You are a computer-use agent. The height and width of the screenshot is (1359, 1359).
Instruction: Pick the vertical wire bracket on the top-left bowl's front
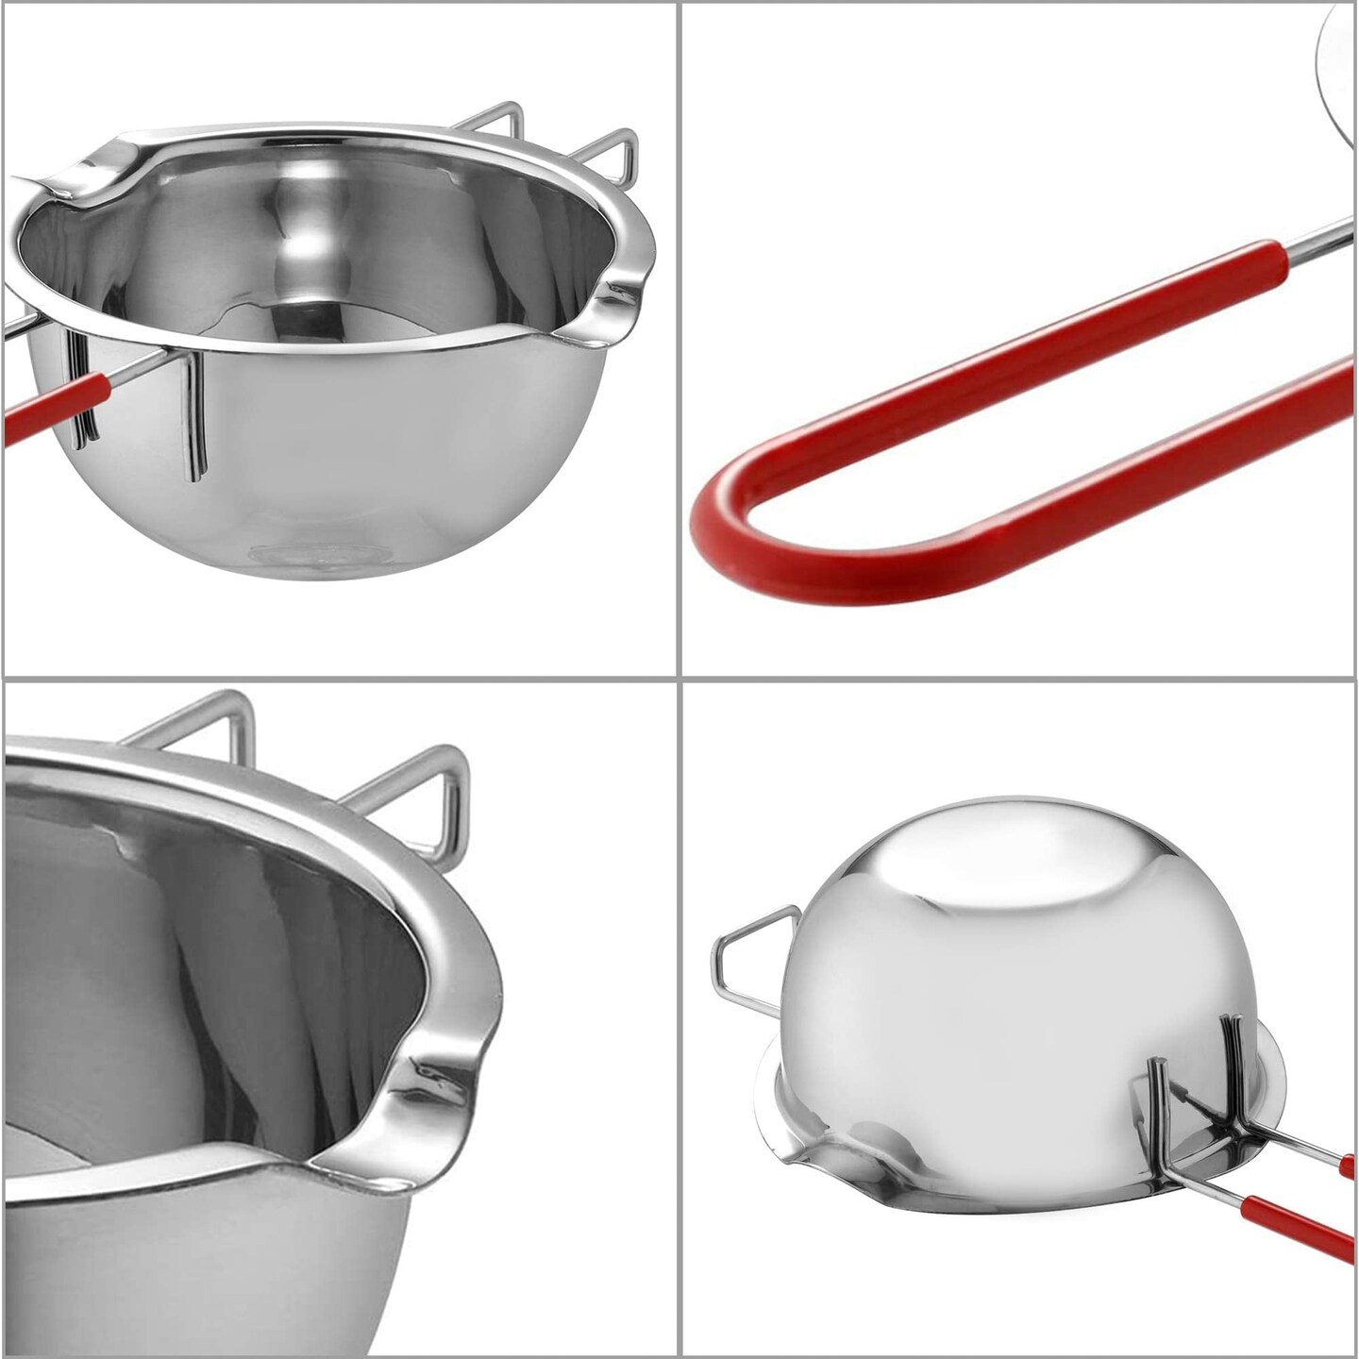[x=195, y=415]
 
